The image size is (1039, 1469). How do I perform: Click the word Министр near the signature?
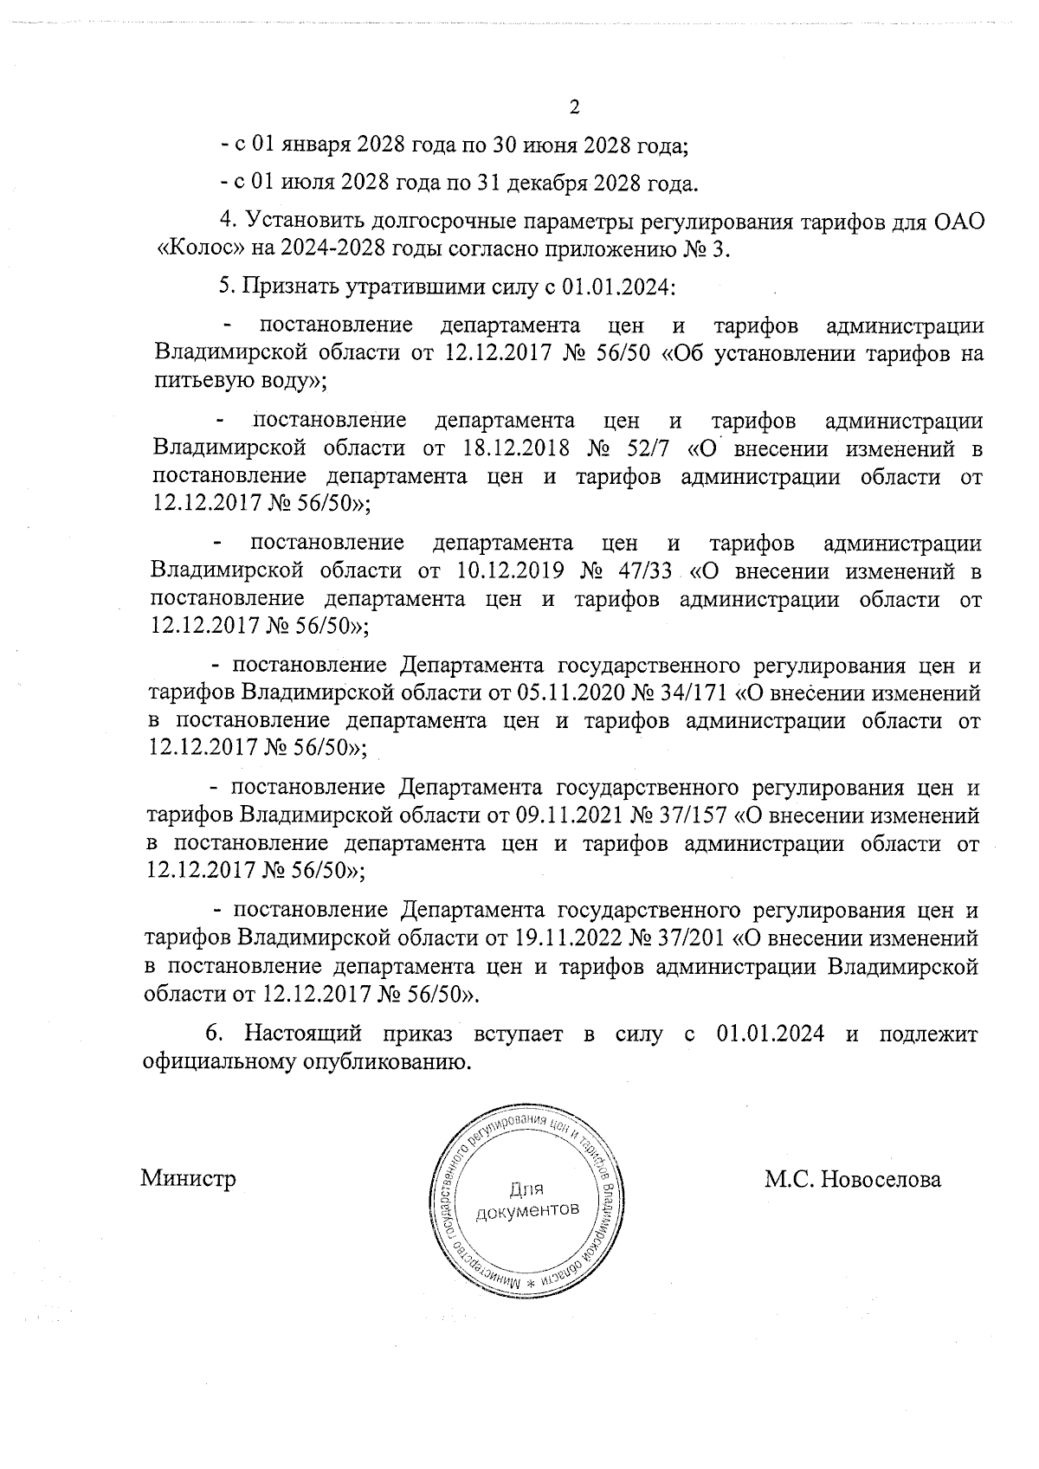pos(189,1179)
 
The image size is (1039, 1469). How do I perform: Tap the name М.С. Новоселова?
pos(852,1179)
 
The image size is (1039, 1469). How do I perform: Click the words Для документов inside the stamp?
pos(527,1199)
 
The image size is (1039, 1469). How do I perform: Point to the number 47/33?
pos(648,571)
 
